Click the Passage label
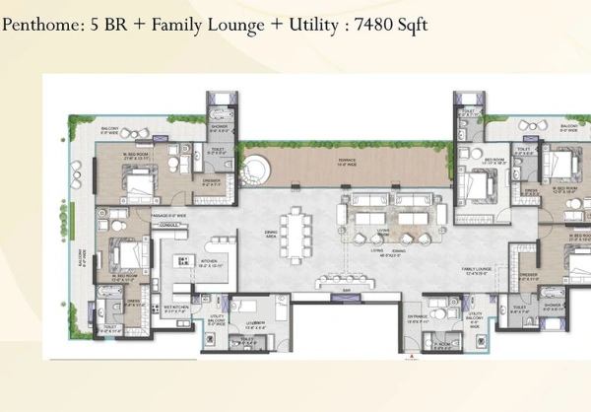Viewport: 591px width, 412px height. [x=168, y=213]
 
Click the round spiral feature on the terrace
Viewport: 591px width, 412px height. [x=256, y=169]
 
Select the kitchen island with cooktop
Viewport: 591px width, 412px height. [x=183, y=261]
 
